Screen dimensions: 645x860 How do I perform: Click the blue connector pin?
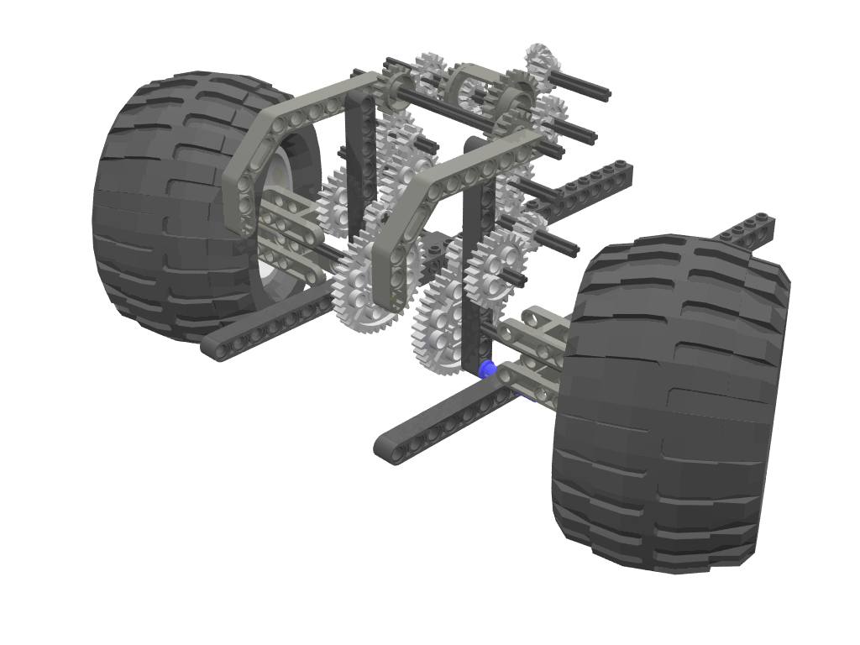coord(485,369)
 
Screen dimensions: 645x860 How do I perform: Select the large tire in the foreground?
coord(672,403)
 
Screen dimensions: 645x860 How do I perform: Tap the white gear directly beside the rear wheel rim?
coord(336,202)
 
